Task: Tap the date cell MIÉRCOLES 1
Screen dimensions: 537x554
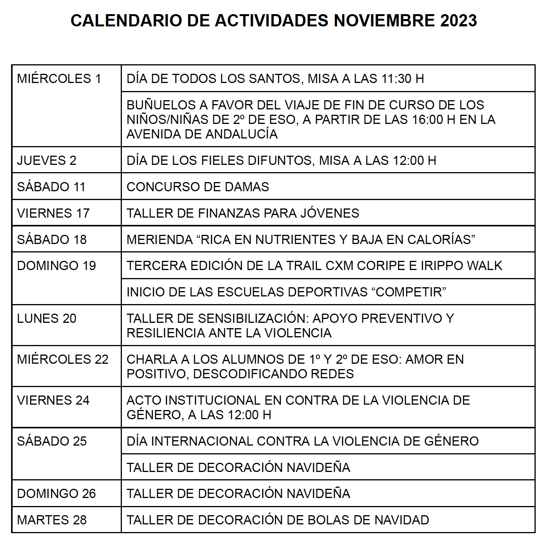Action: pyautogui.click(x=59, y=79)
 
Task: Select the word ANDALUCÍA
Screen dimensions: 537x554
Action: pyautogui.click(x=241, y=134)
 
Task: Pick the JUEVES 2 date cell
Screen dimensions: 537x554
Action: pyautogui.click(x=47, y=161)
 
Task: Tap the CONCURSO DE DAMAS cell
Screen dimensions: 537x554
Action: pyautogui.click(x=198, y=187)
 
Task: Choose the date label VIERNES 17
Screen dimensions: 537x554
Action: pyautogui.click(x=53, y=213)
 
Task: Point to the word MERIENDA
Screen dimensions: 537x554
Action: pyautogui.click(x=160, y=240)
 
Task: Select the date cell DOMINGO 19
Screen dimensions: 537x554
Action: pyautogui.click(x=56, y=266)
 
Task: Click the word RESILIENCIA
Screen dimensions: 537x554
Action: pyautogui.click(x=166, y=333)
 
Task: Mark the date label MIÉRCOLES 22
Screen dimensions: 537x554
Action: pyautogui.click(x=63, y=360)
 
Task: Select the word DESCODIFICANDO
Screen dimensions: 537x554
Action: pyautogui.click(x=250, y=374)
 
